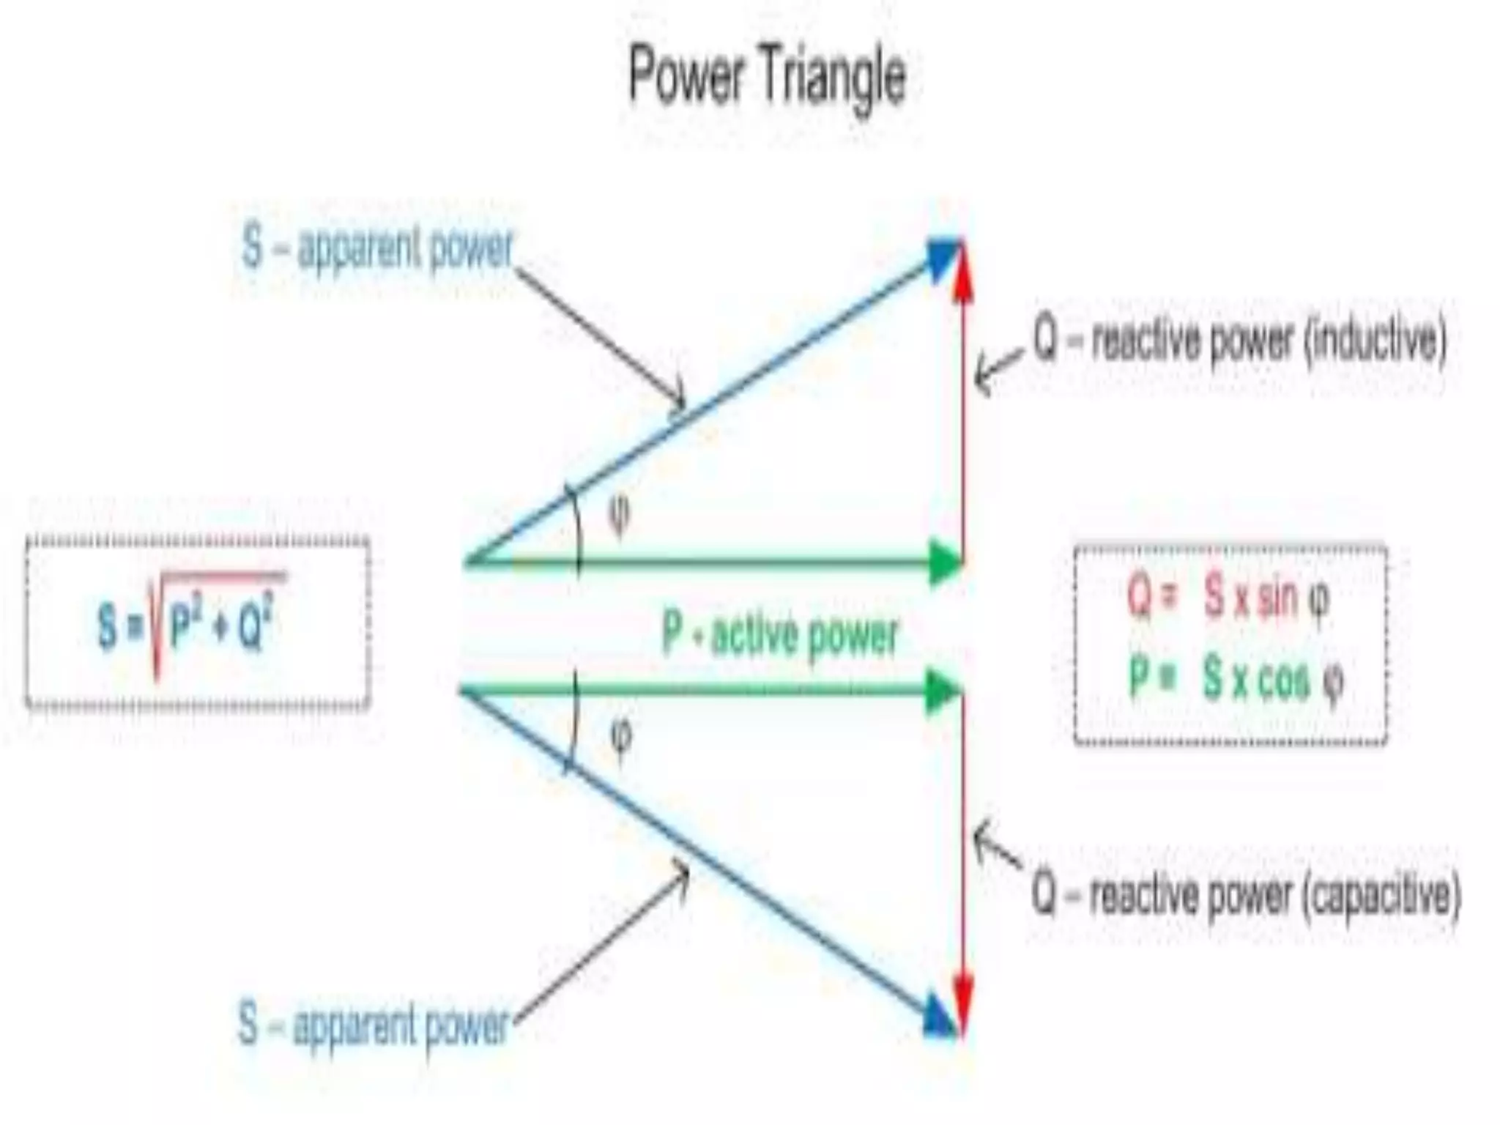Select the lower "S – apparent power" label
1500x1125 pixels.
[x=374, y=1023]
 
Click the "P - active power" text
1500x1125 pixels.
[x=779, y=634]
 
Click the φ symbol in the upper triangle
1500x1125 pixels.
[x=619, y=515]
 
